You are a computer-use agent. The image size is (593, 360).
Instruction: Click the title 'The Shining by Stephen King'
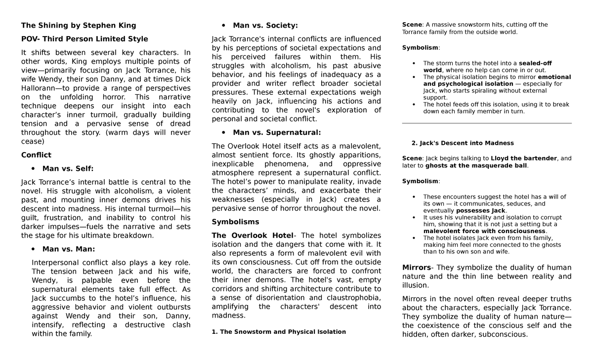click(x=78, y=25)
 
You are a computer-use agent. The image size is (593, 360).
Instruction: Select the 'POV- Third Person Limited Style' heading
click(x=85, y=39)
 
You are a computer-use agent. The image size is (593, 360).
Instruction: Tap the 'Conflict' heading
click(x=36, y=155)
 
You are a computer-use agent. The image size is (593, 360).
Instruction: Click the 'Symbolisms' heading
click(x=235, y=222)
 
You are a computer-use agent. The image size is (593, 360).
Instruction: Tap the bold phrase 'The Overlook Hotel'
click(x=252, y=236)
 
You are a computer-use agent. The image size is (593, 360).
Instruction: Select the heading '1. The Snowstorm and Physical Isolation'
click(x=279, y=332)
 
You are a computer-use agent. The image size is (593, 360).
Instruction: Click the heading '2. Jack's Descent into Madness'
click(x=463, y=143)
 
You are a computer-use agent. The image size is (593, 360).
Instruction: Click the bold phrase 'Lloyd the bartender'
click(x=524, y=159)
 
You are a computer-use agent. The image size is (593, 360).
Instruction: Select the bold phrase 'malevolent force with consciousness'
click(x=484, y=231)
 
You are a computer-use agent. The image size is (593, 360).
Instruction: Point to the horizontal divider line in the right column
click(x=487, y=123)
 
